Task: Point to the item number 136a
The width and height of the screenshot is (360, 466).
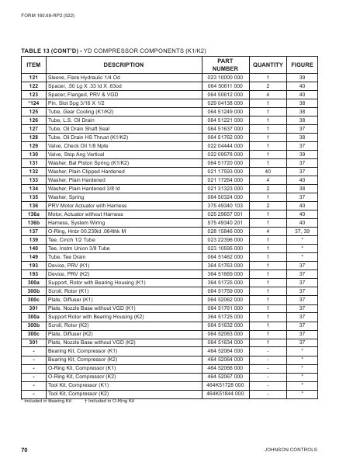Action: [33, 213]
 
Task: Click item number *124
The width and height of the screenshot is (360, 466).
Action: [33, 103]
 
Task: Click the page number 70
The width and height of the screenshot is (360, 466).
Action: [24, 449]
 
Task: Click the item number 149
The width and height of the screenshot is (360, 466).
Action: [33, 256]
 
